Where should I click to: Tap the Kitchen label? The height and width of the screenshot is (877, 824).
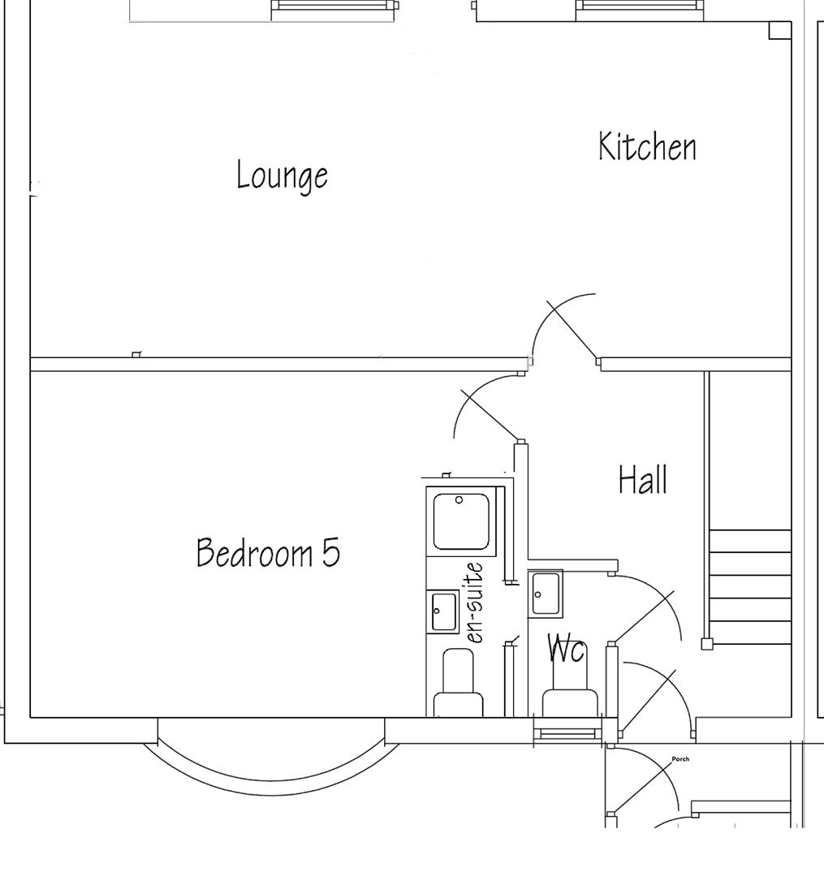647,147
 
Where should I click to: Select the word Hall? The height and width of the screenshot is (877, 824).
643,479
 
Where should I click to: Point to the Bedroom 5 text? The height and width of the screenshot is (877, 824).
268,552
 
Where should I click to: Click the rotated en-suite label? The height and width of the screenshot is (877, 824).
474,603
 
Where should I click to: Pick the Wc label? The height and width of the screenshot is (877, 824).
567,648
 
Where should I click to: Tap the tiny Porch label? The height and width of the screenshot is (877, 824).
680,759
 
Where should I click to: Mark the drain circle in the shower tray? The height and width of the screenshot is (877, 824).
459,500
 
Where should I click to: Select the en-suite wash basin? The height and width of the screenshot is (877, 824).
443,611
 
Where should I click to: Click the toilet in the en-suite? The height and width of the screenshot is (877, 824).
458,682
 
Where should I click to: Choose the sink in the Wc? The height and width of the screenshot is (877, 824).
546,593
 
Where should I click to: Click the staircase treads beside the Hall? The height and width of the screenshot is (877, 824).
749,586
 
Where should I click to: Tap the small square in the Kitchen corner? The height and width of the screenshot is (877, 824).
779,31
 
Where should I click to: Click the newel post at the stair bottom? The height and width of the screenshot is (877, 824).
707,644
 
